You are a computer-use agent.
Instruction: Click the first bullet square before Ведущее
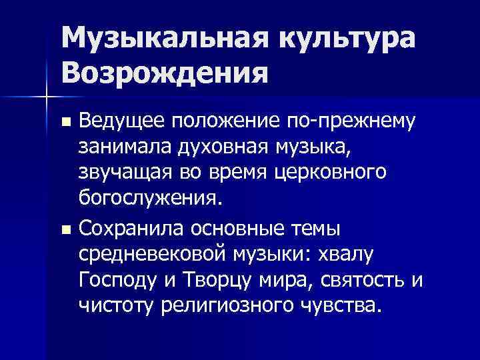65,123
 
